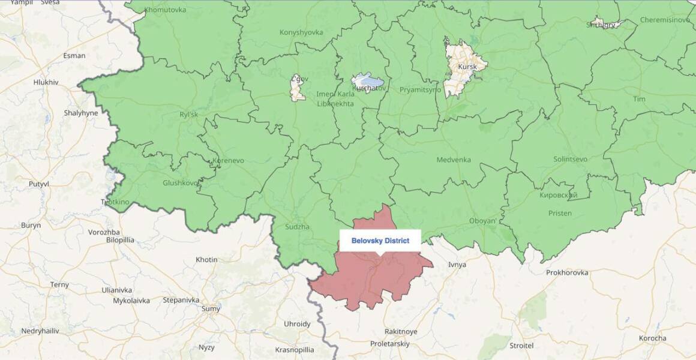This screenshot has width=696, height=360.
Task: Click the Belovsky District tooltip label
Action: coord(380,241)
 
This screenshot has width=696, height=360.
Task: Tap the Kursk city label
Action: coord(467,67)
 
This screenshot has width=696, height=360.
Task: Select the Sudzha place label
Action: coord(298,227)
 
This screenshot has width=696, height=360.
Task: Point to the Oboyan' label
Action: coord(482,221)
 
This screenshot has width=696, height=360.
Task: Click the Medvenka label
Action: coord(453,160)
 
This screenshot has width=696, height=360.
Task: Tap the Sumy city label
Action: coord(211,309)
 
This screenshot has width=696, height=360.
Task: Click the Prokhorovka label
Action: coord(567,272)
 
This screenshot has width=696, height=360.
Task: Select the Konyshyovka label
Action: coord(301,32)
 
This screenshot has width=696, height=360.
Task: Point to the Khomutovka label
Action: coord(165,10)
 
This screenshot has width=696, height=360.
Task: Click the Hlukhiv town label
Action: coord(46,82)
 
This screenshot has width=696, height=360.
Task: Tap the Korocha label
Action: coord(652,338)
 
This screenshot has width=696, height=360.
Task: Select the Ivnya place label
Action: coord(457,265)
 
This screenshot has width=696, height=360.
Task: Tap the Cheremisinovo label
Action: coord(665,20)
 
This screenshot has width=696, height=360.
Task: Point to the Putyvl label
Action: coord(39,184)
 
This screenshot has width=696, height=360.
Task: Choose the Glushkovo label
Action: coord(180,183)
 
